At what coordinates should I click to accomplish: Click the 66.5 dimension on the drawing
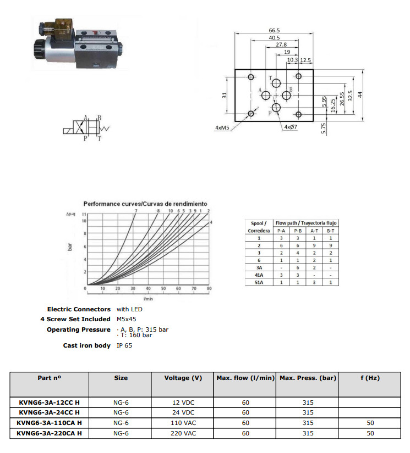tap(275, 30)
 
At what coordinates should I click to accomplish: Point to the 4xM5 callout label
tap(222, 127)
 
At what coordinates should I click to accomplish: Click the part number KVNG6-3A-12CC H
tap(49, 402)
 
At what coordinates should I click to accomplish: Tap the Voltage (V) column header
tap(183, 378)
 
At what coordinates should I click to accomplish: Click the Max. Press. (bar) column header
tap(308, 378)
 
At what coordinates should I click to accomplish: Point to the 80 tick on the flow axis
tap(209, 288)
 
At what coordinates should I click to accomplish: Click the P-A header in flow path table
tap(281, 231)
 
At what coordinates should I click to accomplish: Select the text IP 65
tap(124, 345)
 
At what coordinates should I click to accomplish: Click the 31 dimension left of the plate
tap(225, 95)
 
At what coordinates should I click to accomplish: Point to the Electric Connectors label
tap(79, 309)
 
